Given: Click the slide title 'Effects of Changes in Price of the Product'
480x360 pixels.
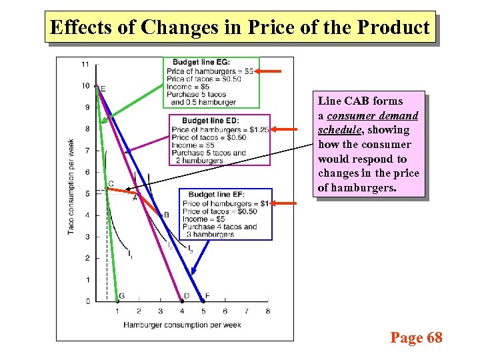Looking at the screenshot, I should [240, 27].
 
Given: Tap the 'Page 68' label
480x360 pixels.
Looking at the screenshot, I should [416, 338].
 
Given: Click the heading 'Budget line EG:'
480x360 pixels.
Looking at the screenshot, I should [203, 62].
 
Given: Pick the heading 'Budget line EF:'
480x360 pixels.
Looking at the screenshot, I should [216, 194].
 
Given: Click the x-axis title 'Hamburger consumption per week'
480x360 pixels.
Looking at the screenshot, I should [182, 325].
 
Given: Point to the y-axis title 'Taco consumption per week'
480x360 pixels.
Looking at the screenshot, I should [71, 186].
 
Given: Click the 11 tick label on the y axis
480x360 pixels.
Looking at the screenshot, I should [85, 65].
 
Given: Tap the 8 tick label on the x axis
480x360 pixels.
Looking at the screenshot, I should [268, 311].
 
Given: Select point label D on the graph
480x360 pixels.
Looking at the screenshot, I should [187, 295].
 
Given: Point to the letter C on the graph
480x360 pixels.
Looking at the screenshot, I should [111, 183].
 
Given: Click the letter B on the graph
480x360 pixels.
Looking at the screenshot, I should [166, 215].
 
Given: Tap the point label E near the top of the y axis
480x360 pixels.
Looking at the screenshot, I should [103, 89].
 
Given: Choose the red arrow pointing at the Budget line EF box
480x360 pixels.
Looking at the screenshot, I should [283, 203].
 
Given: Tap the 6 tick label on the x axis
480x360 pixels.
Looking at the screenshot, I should [225, 311].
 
